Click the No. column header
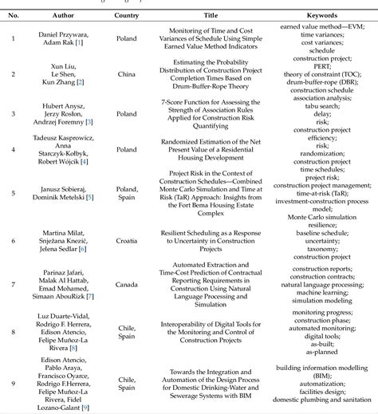point(14,14)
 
